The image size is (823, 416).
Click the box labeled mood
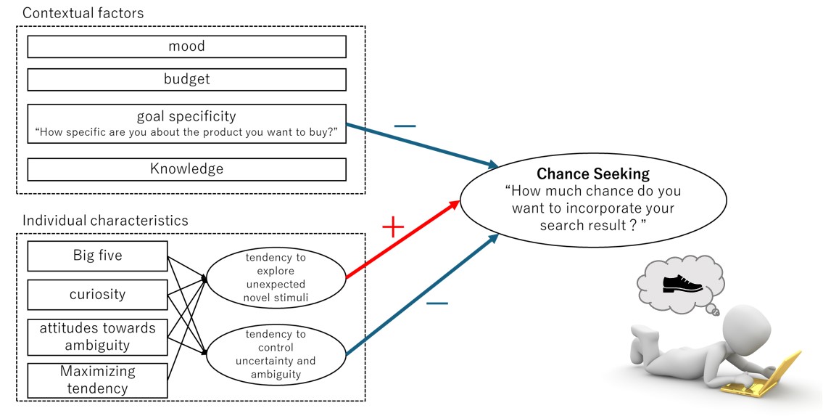tap(186, 46)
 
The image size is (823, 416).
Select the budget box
tap(186, 79)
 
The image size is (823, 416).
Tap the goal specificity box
tap(186, 124)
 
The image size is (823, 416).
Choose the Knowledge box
tap(186, 169)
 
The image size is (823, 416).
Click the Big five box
tap(97, 256)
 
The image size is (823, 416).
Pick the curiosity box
tap(97, 294)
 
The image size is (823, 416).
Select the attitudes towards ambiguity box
tap(97, 336)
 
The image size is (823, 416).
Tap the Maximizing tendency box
tap(97, 380)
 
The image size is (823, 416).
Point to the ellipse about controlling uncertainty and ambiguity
tap(276, 354)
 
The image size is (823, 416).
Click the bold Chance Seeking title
tap(592, 174)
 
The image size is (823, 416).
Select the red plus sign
tap(392, 228)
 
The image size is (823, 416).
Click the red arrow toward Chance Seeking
tap(403, 240)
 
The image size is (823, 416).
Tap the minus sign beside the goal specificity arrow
tap(405, 126)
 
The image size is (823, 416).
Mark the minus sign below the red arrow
tap(437, 302)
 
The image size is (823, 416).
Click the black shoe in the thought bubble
tap(682, 282)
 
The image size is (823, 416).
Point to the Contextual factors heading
tap(83, 13)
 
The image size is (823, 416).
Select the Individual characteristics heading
tap(105, 220)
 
